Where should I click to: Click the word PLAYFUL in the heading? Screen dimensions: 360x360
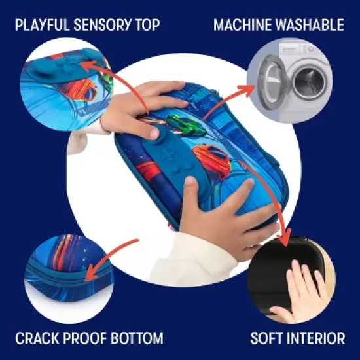[x=42, y=26]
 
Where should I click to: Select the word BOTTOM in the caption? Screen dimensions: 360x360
[x=135, y=338]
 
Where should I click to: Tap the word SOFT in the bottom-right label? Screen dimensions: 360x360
[x=268, y=338]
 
